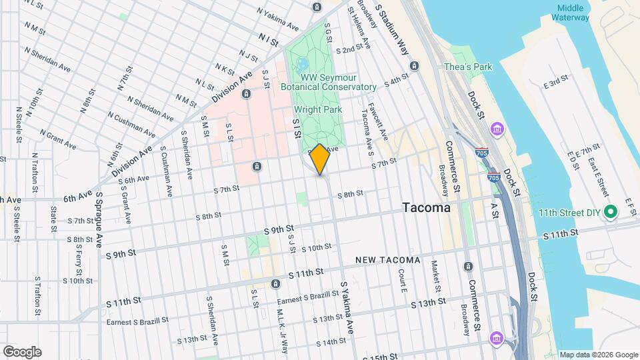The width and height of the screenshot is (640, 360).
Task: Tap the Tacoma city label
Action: point(427,208)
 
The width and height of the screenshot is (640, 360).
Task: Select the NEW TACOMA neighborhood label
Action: point(387,259)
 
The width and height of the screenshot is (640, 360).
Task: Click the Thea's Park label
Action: point(468,67)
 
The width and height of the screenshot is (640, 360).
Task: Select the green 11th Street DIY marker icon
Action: point(610,213)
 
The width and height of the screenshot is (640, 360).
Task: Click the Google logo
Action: point(22,352)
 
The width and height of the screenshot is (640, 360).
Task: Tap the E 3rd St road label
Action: point(555,82)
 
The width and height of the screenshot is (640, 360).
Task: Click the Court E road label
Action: point(403,281)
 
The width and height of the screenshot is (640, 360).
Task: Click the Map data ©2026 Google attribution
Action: point(598,355)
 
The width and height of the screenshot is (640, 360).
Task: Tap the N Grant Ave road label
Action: point(57,139)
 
